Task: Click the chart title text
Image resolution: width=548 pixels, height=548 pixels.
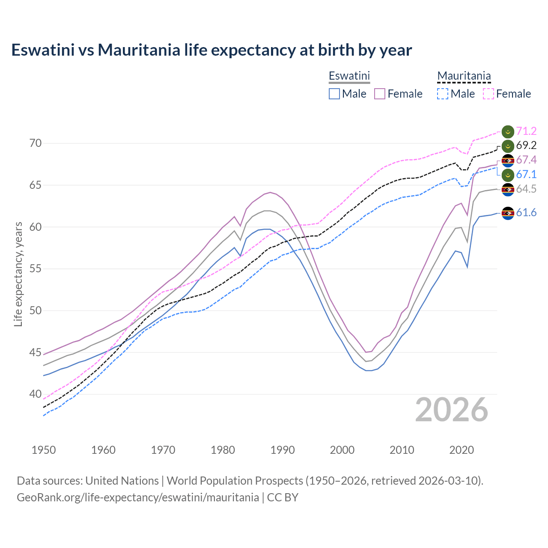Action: point(211,50)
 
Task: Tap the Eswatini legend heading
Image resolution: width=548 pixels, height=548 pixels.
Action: point(349,76)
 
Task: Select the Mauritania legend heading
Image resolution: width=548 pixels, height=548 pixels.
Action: point(464,76)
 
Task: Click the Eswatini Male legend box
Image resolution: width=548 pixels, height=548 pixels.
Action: point(334,94)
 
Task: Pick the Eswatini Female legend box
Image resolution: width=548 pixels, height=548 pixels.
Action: point(380,94)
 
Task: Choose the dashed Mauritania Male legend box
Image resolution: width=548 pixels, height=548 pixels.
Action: point(443,94)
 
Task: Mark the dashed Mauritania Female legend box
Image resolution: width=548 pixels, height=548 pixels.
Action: point(488,94)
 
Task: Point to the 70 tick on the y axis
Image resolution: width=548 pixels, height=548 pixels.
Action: point(36,143)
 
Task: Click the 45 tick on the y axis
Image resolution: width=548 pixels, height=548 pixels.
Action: point(36,352)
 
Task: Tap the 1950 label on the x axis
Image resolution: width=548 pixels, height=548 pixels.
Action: point(44,450)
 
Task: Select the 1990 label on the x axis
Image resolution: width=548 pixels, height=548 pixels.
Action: point(283,450)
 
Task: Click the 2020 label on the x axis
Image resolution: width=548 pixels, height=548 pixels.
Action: point(462,450)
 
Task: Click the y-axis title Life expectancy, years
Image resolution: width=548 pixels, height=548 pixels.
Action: point(18,274)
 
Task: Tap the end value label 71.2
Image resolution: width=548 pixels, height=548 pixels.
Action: point(526,131)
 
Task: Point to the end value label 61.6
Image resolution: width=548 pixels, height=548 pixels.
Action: point(526,212)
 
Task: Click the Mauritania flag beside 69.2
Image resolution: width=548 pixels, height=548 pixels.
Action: point(508,146)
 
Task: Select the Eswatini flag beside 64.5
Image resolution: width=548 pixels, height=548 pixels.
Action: point(508,189)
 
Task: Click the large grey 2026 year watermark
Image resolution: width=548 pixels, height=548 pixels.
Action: point(452,410)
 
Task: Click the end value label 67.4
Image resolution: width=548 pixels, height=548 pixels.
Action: point(526,160)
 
